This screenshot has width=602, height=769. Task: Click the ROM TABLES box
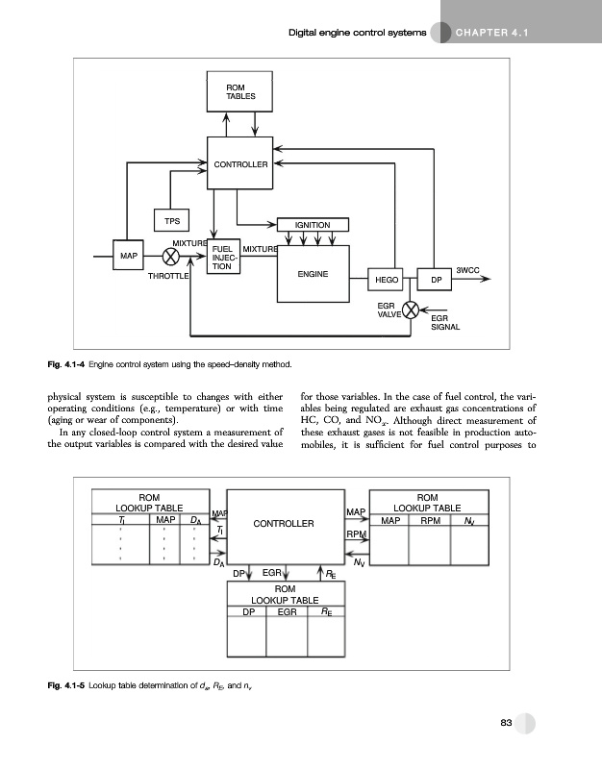pyautogui.click(x=240, y=92)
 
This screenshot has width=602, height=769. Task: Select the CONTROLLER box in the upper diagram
pyautogui.click(x=240, y=164)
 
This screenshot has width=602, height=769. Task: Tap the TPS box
pyautogui.click(x=171, y=220)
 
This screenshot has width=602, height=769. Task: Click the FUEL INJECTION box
pyautogui.click(x=226, y=258)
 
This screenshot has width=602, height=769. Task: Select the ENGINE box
pyautogui.click(x=313, y=273)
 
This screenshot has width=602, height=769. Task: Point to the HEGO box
pyautogui.click(x=387, y=280)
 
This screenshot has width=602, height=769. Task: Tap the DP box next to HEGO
pyautogui.click(x=436, y=280)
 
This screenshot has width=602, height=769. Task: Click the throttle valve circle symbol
pyautogui.click(x=171, y=257)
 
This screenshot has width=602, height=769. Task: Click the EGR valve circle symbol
pyautogui.click(x=412, y=310)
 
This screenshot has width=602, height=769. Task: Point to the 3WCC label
pyautogui.click(x=468, y=270)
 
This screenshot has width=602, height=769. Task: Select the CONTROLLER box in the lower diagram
pyautogui.click(x=284, y=524)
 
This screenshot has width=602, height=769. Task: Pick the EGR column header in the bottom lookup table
pyautogui.click(x=287, y=609)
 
